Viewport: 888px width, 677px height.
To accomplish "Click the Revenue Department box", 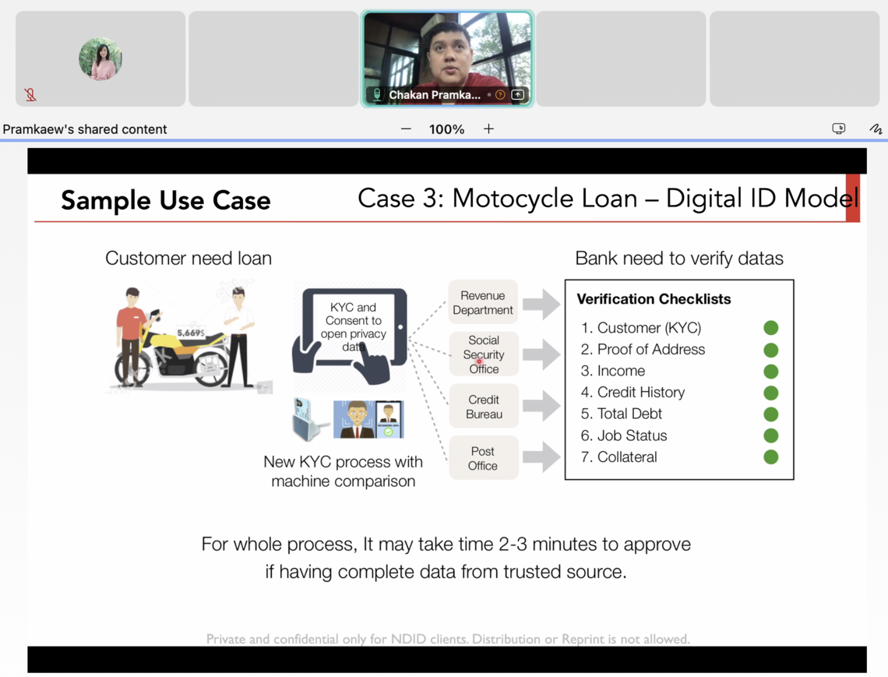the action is click(483, 302).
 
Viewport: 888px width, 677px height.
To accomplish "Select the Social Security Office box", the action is click(484, 354).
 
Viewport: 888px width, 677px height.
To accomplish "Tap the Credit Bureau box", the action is click(484, 406).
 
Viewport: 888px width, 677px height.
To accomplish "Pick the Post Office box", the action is click(483, 458).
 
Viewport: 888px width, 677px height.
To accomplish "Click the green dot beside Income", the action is click(771, 371).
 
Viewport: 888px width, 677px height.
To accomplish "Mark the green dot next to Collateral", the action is click(771, 457).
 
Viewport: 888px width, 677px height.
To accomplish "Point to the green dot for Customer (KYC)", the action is click(771, 327).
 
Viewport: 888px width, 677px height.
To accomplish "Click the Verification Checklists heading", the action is click(654, 298).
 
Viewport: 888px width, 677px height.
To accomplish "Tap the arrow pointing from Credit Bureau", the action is click(541, 406).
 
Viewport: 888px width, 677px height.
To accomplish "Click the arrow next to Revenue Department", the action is click(541, 304).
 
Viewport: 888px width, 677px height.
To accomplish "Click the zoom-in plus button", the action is click(488, 129).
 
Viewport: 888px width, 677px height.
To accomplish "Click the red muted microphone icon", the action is click(30, 94).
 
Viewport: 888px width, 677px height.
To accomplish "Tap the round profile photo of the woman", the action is click(100, 59).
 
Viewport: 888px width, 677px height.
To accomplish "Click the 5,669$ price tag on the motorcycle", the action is click(191, 333).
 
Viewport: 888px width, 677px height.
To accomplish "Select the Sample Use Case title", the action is click(165, 200).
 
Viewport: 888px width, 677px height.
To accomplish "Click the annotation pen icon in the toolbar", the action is click(876, 129).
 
